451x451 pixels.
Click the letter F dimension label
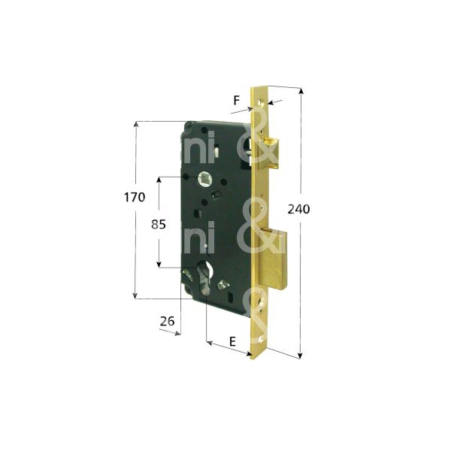point(237,99)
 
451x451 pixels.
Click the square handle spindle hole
point(204,178)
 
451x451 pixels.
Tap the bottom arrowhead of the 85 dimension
point(159,264)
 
